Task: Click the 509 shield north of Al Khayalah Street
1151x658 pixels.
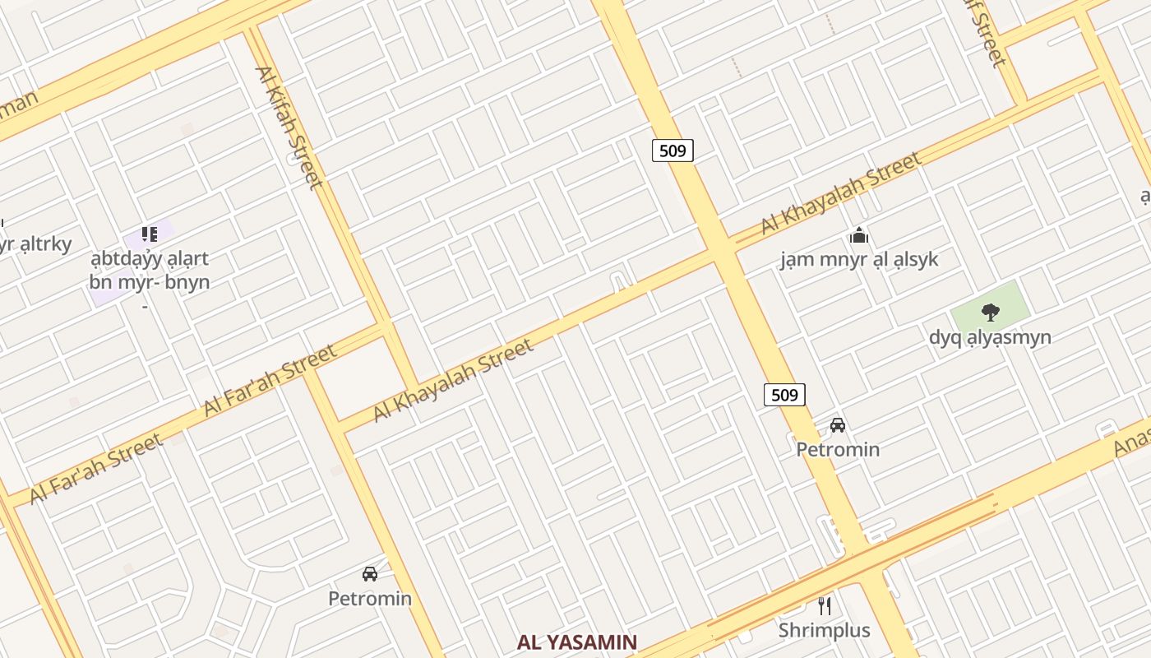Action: click(x=673, y=151)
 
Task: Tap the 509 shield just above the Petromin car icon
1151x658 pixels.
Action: click(x=784, y=395)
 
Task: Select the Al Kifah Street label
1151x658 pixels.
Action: click(x=289, y=127)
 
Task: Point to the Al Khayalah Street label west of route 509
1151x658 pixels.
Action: click(x=454, y=380)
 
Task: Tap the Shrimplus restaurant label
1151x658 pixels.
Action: click(x=825, y=631)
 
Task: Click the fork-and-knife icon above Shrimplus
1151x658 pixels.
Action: click(x=825, y=606)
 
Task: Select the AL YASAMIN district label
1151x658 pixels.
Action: click(x=577, y=642)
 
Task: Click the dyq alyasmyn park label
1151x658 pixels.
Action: click(x=990, y=337)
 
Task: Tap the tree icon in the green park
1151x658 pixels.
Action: click(x=990, y=313)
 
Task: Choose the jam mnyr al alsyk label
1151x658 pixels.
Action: click(x=859, y=260)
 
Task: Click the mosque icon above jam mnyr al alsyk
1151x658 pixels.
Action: click(x=859, y=237)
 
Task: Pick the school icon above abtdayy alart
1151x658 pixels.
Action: click(x=149, y=234)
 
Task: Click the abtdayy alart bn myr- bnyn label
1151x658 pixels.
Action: click(x=149, y=271)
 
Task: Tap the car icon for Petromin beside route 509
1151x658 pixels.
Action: click(x=838, y=425)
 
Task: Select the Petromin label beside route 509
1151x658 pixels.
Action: click(x=838, y=449)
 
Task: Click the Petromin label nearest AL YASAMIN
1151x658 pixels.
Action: click(x=370, y=598)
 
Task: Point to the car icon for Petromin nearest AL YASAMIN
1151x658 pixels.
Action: click(x=370, y=574)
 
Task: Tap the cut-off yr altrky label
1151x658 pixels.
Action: click(x=36, y=243)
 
